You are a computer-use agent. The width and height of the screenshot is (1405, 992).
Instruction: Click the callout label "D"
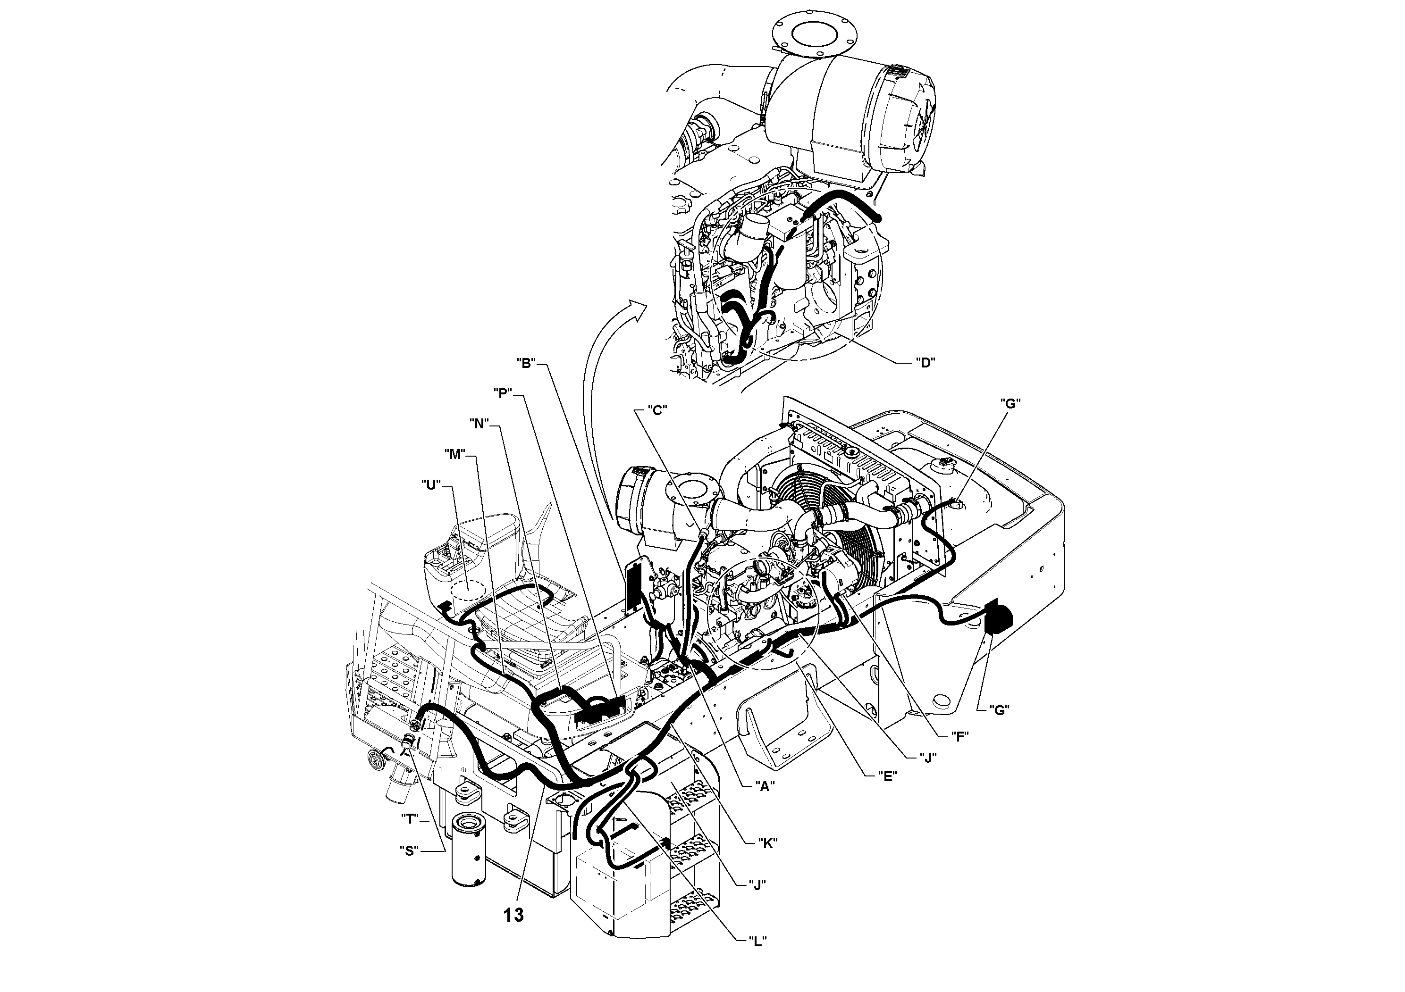925,363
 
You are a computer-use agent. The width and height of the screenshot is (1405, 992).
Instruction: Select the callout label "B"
526,363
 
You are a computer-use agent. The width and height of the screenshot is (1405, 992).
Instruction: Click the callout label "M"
454,454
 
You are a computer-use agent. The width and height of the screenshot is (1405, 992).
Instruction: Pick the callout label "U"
431,485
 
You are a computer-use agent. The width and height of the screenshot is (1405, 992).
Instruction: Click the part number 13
514,915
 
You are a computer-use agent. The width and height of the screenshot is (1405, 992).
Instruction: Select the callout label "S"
409,850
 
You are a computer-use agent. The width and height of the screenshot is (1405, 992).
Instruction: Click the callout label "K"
767,843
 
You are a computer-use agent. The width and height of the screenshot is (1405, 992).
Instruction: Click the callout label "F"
959,736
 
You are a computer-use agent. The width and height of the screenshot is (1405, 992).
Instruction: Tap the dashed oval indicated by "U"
468,588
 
